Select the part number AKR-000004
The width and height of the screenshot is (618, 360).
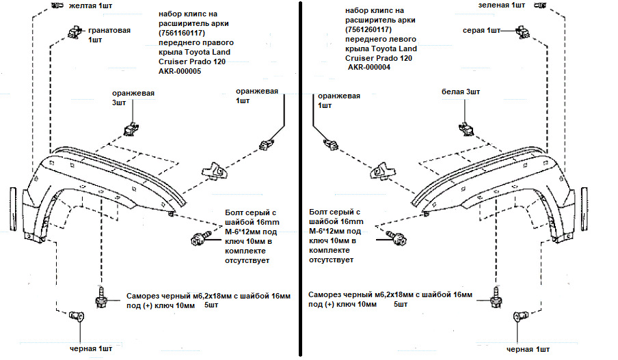point(370,68)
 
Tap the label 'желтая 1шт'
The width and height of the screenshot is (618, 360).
point(77,5)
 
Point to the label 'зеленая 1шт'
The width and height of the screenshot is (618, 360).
point(502,5)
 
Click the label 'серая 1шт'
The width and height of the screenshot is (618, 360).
point(481,31)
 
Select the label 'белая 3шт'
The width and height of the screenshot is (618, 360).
point(461,92)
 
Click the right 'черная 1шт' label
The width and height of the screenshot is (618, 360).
point(528,349)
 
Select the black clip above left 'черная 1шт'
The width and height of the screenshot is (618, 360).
point(76,316)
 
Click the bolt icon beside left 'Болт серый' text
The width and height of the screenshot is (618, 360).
point(198,238)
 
